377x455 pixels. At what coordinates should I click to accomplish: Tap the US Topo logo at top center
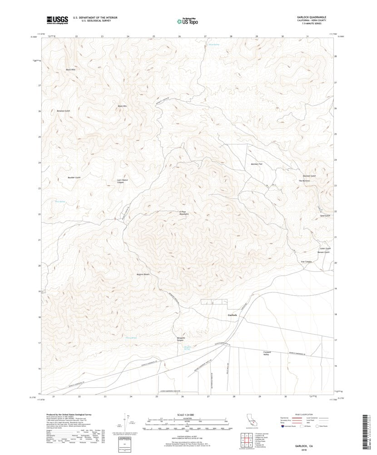tap(187, 20)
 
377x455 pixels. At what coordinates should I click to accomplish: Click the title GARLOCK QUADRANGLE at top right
tap(311, 17)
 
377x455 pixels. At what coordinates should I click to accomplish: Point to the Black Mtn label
tap(122, 106)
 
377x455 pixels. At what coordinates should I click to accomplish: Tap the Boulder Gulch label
tap(74, 177)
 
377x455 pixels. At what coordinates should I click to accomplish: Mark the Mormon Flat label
tap(257, 163)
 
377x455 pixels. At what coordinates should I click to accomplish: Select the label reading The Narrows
tap(304, 181)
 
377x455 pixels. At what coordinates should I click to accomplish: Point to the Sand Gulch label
tap(325, 215)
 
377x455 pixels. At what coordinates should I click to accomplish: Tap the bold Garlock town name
tap(232, 315)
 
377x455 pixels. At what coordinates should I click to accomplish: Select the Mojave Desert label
tap(143, 274)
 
